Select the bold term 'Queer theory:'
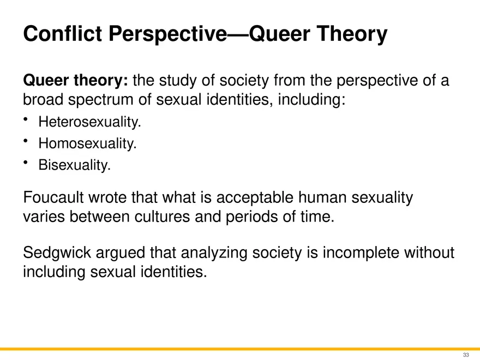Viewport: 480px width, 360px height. click(75, 82)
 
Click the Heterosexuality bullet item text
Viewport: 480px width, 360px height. click(89, 123)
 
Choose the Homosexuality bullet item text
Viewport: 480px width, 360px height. click(87, 144)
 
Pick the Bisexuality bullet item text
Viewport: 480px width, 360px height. click(74, 165)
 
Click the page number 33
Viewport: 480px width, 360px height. click(466, 355)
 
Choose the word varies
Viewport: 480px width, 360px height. click(46, 216)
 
